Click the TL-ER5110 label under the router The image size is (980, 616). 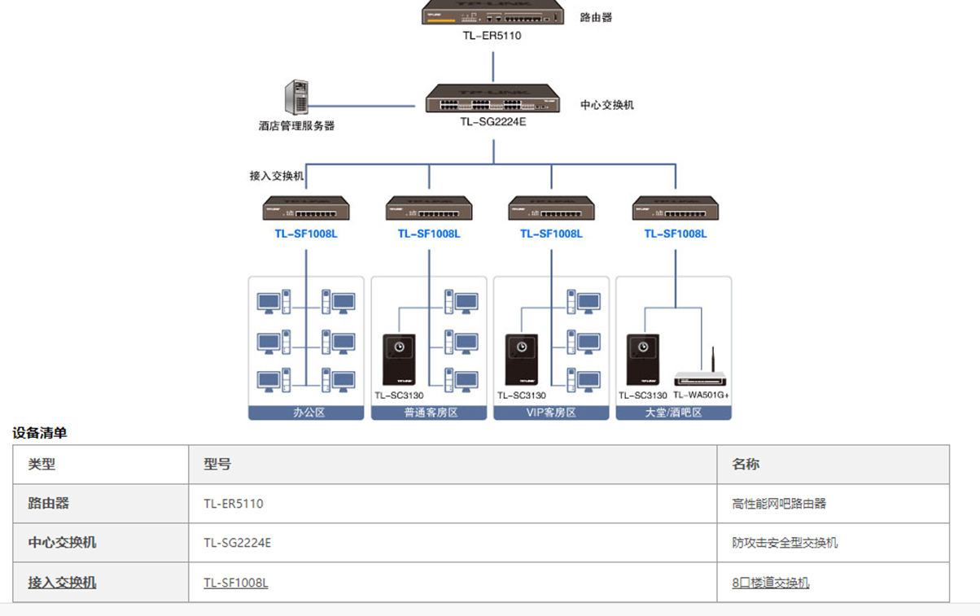[x=492, y=36]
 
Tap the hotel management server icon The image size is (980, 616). [x=296, y=97]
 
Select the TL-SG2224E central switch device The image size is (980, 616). [x=492, y=98]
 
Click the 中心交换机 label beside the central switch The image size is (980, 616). [x=607, y=105]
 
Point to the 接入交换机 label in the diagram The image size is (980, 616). [x=277, y=176]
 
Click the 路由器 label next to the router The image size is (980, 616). [x=596, y=18]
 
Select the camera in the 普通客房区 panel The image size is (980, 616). [x=399, y=360]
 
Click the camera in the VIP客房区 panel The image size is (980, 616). [x=522, y=360]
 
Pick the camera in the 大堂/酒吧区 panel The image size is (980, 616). [x=643, y=360]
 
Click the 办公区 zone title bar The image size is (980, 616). [x=306, y=413]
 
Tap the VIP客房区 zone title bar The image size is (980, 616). [x=551, y=413]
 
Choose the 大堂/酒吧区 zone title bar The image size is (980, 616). [x=674, y=413]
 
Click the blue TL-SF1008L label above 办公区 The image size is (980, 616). [x=306, y=234]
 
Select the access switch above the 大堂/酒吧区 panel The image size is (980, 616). [x=676, y=208]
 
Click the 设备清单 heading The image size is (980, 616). [x=39, y=433]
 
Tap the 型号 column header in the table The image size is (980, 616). [x=217, y=464]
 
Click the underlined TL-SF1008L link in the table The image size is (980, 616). [x=236, y=583]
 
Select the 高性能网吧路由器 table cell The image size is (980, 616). [x=779, y=504]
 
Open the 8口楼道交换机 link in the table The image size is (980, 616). [x=771, y=583]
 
